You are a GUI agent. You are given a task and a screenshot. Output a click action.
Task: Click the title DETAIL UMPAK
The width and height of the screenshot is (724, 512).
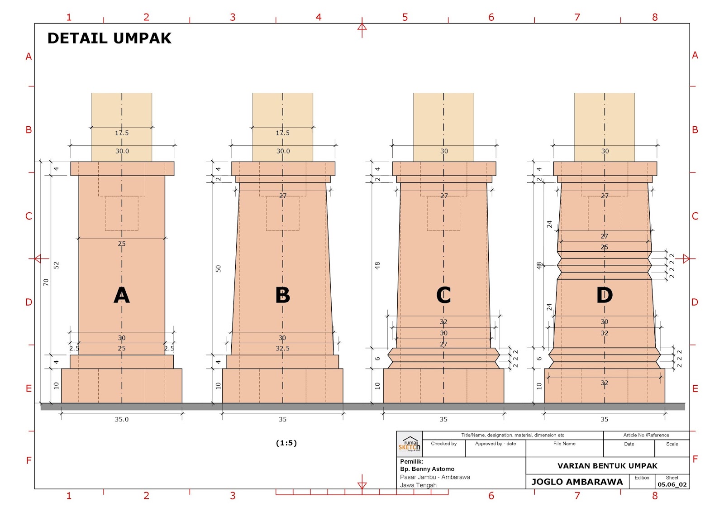(109, 38)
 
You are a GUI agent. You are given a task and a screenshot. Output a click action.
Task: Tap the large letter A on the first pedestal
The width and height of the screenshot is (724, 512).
(122, 296)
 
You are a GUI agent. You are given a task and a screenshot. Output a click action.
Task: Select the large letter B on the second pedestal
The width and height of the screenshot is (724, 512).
(283, 296)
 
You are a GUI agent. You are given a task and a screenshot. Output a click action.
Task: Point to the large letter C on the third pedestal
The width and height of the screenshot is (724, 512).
(443, 296)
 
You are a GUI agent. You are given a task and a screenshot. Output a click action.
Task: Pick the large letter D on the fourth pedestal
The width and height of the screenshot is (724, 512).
(605, 296)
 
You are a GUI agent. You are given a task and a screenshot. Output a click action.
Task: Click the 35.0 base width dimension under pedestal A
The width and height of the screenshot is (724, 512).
(122, 419)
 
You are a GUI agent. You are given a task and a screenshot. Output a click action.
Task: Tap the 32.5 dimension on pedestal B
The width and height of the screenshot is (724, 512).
(283, 349)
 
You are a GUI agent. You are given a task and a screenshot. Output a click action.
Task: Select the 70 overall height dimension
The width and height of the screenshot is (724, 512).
(46, 282)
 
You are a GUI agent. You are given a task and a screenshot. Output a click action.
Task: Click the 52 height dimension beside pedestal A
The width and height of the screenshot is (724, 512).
(57, 265)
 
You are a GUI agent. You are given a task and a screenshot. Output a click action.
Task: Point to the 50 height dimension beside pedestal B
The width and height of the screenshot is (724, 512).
(218, 269)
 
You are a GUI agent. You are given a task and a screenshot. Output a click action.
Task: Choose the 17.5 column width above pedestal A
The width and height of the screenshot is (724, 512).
(122, 133)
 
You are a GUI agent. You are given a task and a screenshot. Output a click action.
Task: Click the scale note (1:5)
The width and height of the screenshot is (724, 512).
(286, 443)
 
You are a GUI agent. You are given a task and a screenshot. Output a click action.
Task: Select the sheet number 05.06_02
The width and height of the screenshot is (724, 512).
(672, 484)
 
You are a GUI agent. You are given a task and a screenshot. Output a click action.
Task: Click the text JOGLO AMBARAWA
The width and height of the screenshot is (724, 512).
(577, 482)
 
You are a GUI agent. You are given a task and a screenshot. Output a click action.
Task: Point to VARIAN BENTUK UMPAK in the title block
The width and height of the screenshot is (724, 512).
(607, 466)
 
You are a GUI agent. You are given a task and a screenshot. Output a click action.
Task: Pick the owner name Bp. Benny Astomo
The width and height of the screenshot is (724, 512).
(427, 469)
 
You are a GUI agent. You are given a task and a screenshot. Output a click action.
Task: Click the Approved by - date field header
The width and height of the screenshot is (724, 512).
(495, 444)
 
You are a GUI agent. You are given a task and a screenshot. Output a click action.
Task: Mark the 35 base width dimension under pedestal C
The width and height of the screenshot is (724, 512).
(443, 419)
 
